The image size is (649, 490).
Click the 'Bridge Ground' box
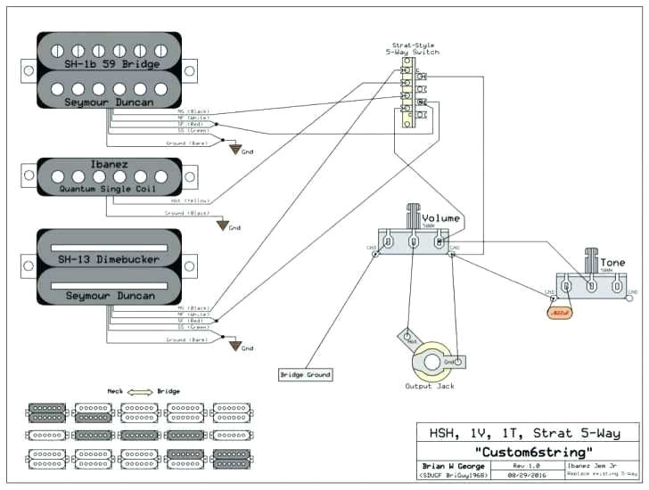pyautogui.click(x=306, y=374)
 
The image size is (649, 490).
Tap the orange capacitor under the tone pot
pyautogui.click(x=559, y=312)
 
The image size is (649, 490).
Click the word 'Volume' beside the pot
pyautogui.click(x=440, y=218)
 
